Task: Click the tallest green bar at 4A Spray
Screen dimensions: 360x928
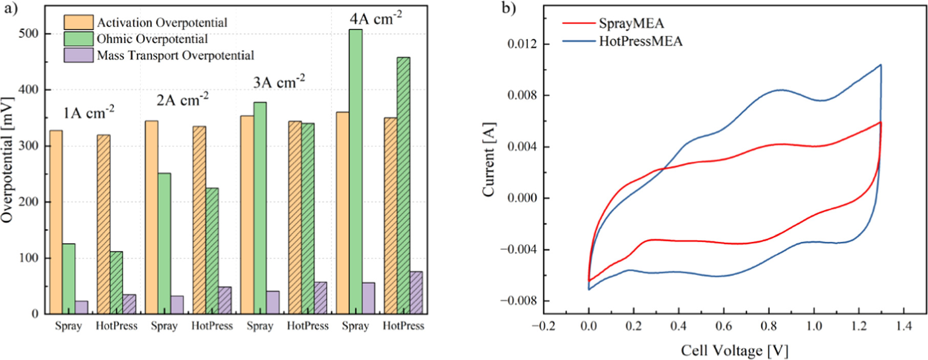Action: pyautogui.click(x=355, y=172)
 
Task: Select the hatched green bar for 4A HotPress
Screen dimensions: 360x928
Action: pyautogui.click(x=404, y=185)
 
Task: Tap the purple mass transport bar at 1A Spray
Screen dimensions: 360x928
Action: pyautogui.click(x=81, y=307)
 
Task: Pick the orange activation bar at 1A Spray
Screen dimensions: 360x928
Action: pyautogui.click(x=55, y=222)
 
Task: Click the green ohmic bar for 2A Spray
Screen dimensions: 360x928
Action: pyautogui.click(x=164, y=244)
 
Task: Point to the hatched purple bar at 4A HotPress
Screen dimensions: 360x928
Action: pyautogui.click(x=416, y=293)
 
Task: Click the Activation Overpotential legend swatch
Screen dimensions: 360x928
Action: pyautogui.click(x=78, y=23)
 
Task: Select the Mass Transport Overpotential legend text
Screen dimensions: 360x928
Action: pyautogui.click(x=175, y=55)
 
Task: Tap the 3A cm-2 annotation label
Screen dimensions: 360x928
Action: pyautogui.click(x=279, y=81)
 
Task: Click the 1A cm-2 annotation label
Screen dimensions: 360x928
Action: pyautogui.click(x=89, y=112)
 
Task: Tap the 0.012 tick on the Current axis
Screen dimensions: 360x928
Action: pyautogui.click(x=522, y=44)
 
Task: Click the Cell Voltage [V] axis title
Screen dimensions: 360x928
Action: pyautogui.click(x=734, y=350)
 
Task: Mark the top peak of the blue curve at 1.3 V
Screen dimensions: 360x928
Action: pyautogui.click(x=880, y=65)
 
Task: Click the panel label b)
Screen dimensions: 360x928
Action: pyautogui.click(x=509, y=8)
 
